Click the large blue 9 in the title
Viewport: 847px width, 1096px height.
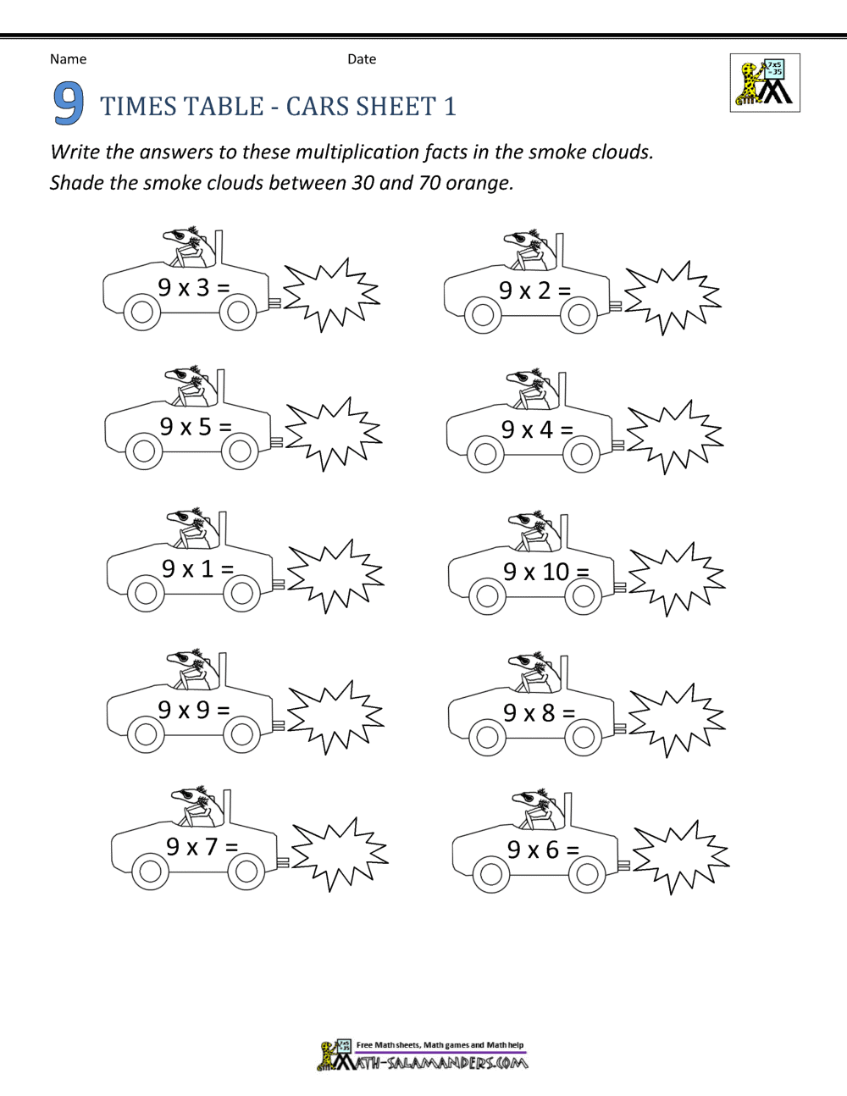pyautogui.click(x=69, y=103)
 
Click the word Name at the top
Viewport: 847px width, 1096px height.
pyautogui.click(x=68, y=59)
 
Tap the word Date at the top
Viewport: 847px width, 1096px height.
pyautogui.click(x=362, y=59)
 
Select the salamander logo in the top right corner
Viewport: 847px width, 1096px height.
pyautogui.click(x=765, y=83)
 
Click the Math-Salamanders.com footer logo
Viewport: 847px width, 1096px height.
pyautogui.click(x=423, y=1056)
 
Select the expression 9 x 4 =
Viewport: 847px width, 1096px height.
pyautogui.click(x=537, y=430)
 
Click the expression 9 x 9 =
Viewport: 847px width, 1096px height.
pyautogui.click(x=194, y=710)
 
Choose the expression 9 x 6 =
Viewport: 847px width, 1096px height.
pyautogui.click(x=543, y=850)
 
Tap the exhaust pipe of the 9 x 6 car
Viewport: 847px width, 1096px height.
pyautogui.click(x=623, y=866)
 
